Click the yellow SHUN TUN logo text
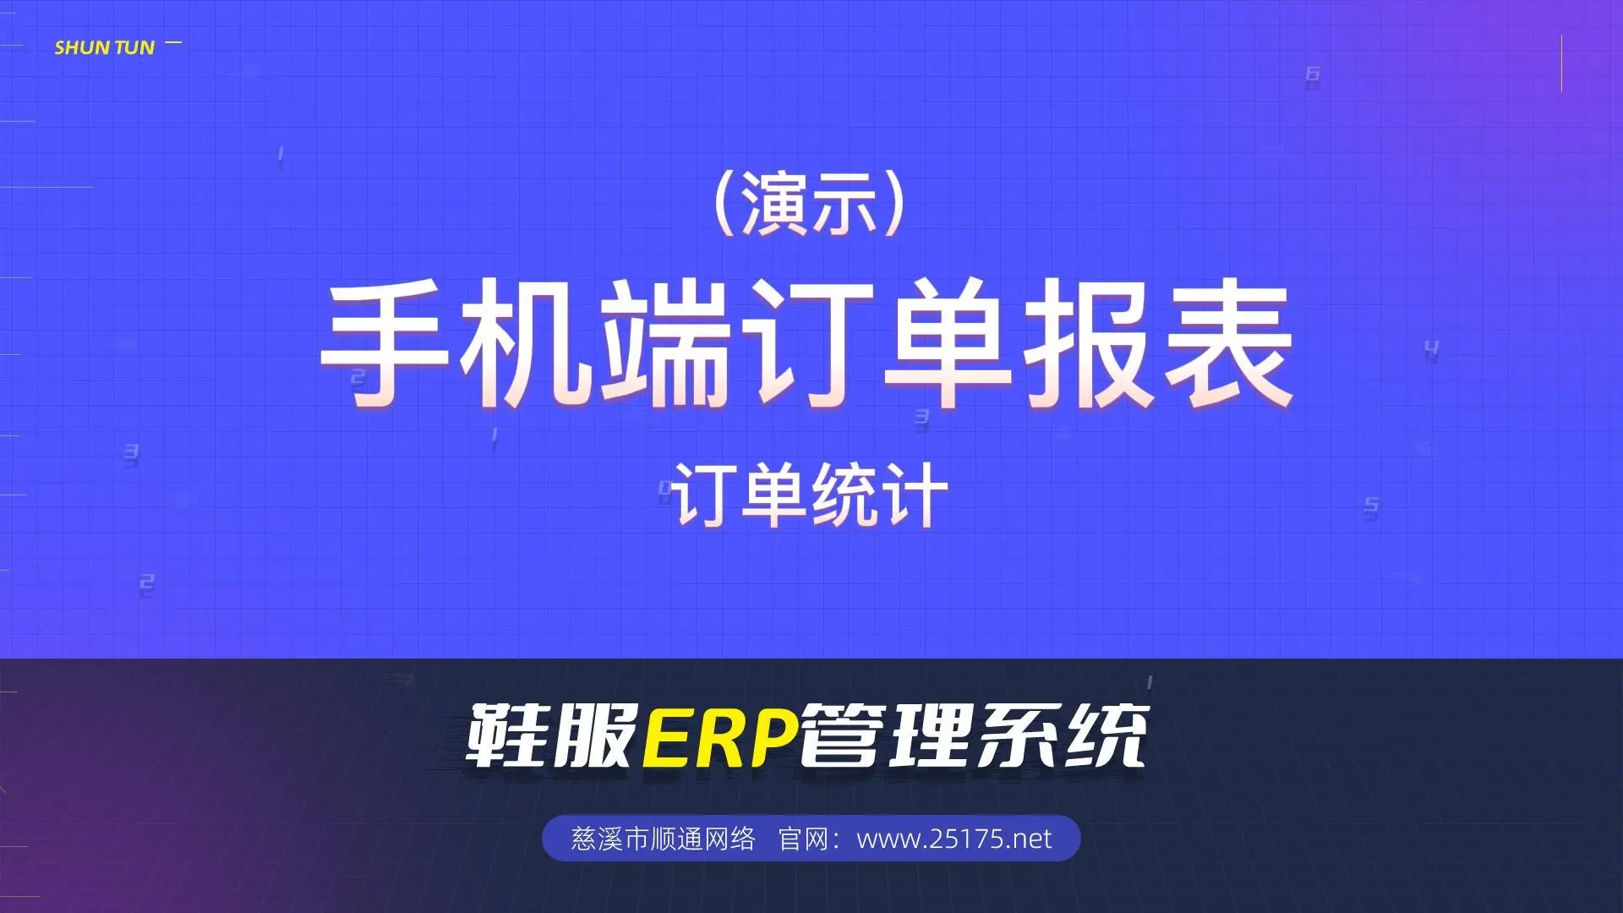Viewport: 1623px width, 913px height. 105,47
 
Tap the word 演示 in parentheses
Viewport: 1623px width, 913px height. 808,205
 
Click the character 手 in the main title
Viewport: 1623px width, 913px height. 385,344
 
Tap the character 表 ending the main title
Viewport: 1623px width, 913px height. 1228,344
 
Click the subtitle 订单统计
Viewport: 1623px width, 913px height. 810,495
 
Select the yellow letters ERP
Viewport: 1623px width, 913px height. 720,735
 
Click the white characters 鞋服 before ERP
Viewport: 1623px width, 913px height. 551,735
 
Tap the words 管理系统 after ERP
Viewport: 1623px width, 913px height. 974,735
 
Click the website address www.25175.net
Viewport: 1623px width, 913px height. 954,839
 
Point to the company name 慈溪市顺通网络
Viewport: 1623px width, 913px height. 663,839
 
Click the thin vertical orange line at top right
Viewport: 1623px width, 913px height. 1561,63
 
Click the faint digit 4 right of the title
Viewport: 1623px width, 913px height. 1431,350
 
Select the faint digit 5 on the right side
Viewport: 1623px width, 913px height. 1371,507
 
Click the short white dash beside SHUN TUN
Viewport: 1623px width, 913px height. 173,42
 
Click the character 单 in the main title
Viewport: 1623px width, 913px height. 948,344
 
